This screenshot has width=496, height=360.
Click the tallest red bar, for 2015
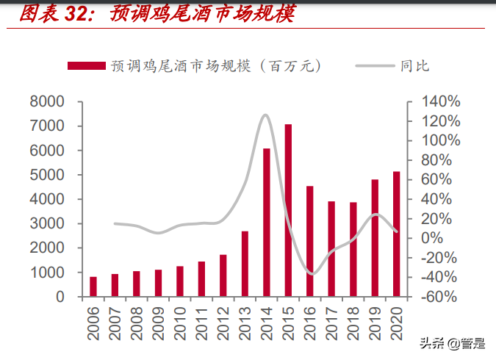click(x=288, y=211)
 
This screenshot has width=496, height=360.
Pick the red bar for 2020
click(x=397, y=234)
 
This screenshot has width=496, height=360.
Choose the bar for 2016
click(x=310, y=242)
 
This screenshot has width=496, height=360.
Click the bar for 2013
click(x=245, y=264)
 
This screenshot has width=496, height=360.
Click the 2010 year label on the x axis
click(x=180, y=323)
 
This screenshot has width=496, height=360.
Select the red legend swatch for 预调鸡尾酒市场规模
click(x=85, y=66)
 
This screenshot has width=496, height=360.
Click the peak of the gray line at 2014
click(x=265, y=115)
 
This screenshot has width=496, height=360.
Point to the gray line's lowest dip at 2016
click(x=312, y=274)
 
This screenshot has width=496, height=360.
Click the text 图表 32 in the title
click(x=54, y=14)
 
